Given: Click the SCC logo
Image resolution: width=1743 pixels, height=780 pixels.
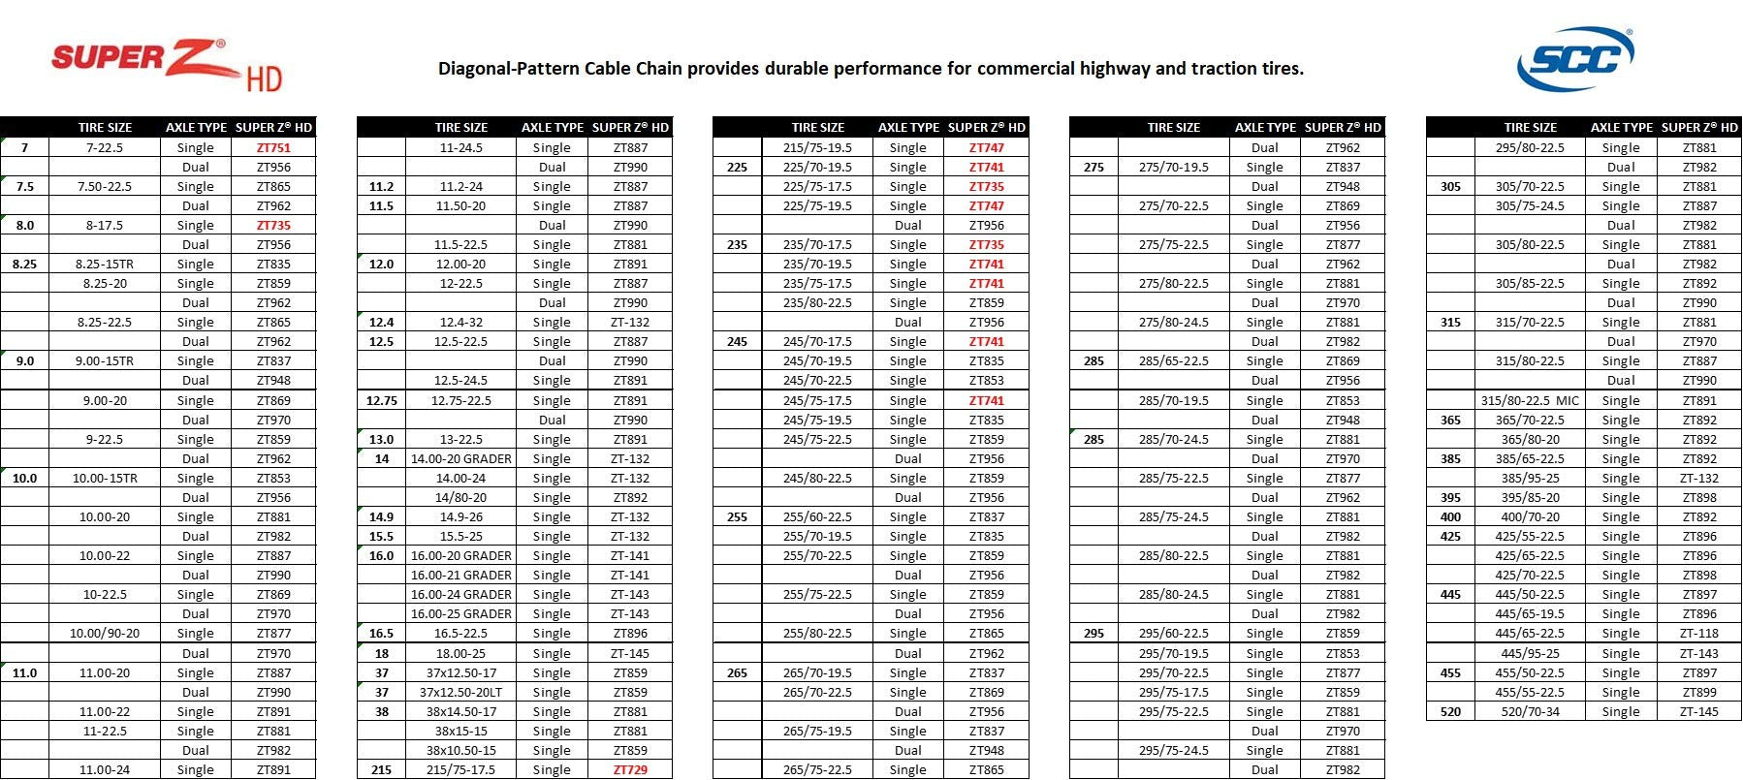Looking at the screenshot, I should click(x=1575, y=58).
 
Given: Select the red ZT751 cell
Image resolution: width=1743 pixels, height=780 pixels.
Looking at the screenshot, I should click(x=273, y=148).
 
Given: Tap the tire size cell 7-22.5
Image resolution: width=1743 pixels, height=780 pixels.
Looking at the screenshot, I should click(x=105, y=148).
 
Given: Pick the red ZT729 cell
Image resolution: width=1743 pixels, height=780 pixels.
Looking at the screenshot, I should click(x=630, y=770).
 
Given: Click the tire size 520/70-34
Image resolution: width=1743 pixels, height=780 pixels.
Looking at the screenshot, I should click(x=1530, y=712).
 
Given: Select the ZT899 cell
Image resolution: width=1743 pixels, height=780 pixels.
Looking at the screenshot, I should click(x=1699, y=693).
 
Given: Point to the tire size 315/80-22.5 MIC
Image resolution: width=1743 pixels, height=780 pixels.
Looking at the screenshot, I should click(x=1530, y=401).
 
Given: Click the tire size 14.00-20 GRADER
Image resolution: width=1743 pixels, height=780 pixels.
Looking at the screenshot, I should click(x=461, y=459).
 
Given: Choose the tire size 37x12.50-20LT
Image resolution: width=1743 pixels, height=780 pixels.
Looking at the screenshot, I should click(x=461, y=693).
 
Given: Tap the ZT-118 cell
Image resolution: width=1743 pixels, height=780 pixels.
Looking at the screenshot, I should click(x=1699, y=634).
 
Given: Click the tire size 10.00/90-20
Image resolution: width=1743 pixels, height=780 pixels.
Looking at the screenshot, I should click(x=105, y=634).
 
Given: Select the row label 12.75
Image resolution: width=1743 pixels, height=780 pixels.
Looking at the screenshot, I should click(x=382, y=401).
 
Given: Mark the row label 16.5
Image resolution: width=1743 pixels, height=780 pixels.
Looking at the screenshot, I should click(x=382, y=634).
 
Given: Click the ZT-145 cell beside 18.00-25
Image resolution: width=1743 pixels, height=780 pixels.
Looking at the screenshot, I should click(x=630, y=654).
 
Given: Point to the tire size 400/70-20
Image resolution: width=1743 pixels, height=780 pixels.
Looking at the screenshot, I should click(x=1530, y=517).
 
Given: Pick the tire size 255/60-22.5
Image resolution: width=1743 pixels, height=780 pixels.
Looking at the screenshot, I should click(x=817, y=517).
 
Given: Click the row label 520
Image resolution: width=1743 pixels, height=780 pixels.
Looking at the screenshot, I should click(x=1450, y=712).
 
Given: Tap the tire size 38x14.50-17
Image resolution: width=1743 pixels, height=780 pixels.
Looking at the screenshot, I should click(x=461, y=712).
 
